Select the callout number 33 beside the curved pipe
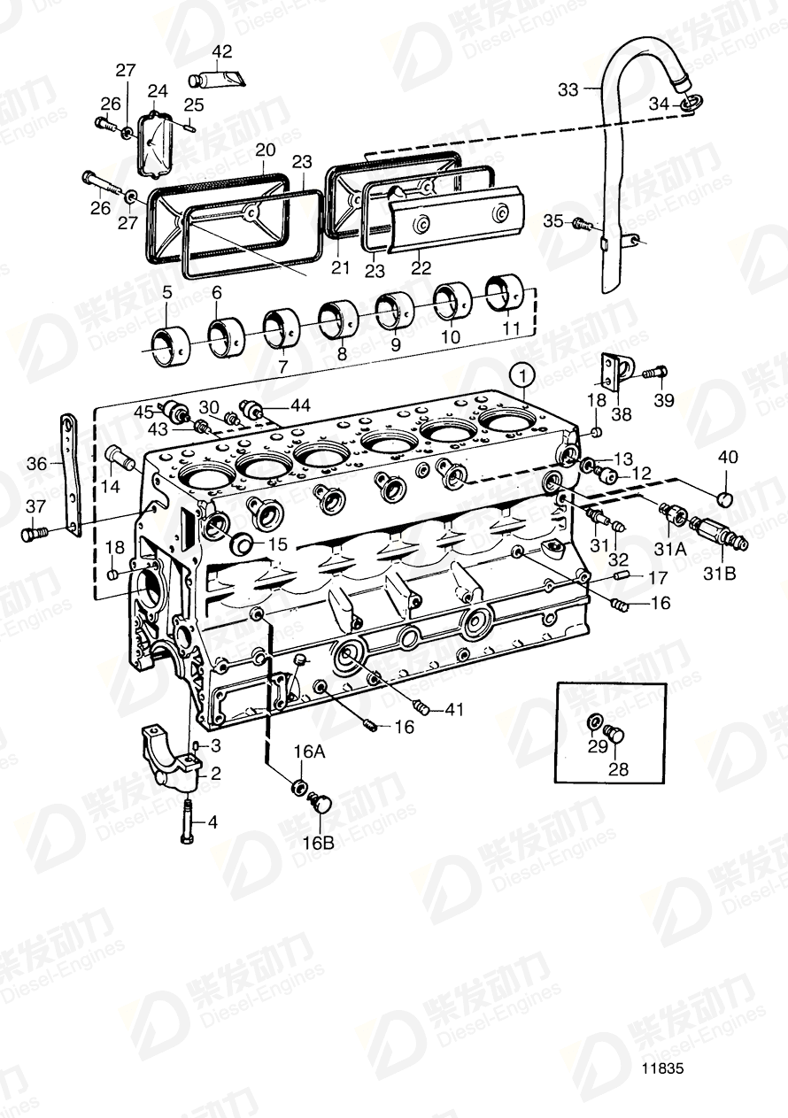(568, 89)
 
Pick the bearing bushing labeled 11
(505, 293)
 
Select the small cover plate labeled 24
(156, 142)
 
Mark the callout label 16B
(321, 844)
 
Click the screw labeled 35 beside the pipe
(582, 221)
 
